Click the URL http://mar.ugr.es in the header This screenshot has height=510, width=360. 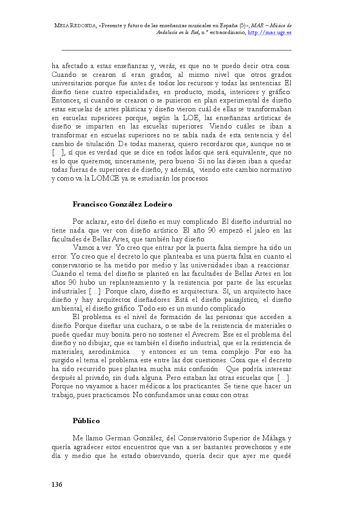[x=270, y=32]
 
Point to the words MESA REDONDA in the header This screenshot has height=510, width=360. [x=76, y=26]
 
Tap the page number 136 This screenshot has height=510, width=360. [x=57, y=485]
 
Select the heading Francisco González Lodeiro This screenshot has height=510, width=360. [x=122, y=204]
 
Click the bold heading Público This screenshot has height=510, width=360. [x=86, y=421]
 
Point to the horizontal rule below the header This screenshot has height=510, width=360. [x=176, y=50]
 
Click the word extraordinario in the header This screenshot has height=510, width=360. [x=225, y=32]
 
